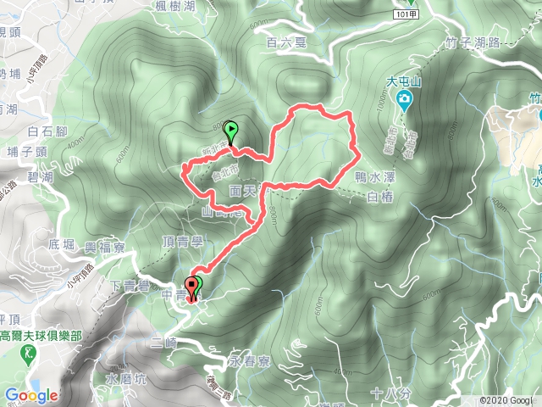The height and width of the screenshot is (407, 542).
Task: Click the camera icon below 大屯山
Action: [405, 101]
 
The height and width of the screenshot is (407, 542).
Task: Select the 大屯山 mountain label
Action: [403, 82]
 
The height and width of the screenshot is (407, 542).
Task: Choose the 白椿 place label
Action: [383, 197]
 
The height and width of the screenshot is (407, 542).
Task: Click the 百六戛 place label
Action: [284, 41]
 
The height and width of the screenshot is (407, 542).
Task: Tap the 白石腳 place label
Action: [46, 131]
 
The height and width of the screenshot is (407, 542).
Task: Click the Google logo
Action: [30, 395]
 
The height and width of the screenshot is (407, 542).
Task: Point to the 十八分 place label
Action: [390, 393]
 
